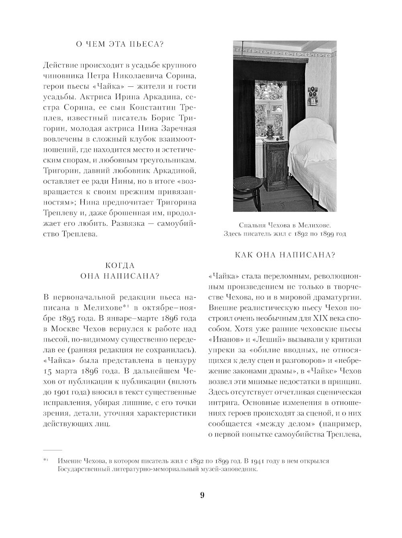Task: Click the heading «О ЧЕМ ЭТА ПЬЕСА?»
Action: click(120, 44)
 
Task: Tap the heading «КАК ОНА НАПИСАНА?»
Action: click(285, 255)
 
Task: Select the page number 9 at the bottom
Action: click(202, 495)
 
